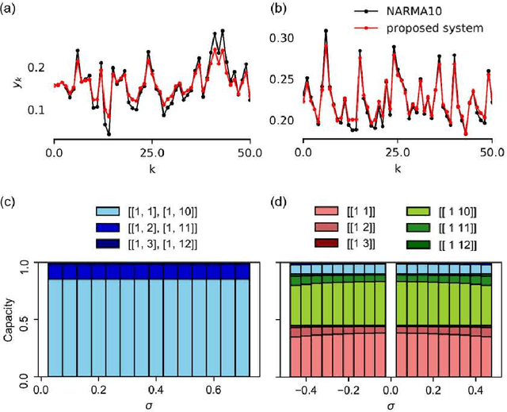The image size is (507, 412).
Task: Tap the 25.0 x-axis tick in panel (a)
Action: click(x=152, y=152)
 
